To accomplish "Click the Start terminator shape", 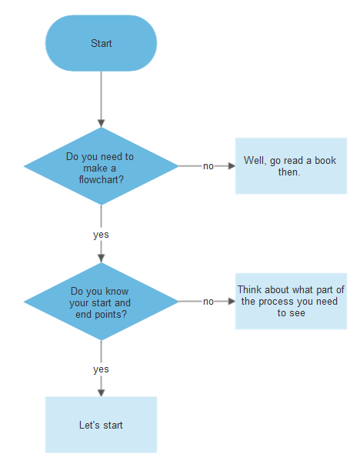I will point(101,43).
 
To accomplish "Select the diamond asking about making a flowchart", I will point(101,166).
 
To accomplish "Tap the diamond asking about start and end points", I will point(101,302).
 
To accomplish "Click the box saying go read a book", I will point(291,166).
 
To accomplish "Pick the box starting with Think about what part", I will point(291,302).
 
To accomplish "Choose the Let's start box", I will point(101,425).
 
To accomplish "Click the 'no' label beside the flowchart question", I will point(208,166).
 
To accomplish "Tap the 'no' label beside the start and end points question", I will point(208,302).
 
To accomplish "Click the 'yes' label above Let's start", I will point(101,369).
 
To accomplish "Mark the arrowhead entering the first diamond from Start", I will point(101,122).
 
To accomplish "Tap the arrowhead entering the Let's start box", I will point(101,392).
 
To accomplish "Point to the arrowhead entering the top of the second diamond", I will point(101,258).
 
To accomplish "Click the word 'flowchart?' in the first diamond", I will point(101,180).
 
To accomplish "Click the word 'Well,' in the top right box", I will point(255,161).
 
